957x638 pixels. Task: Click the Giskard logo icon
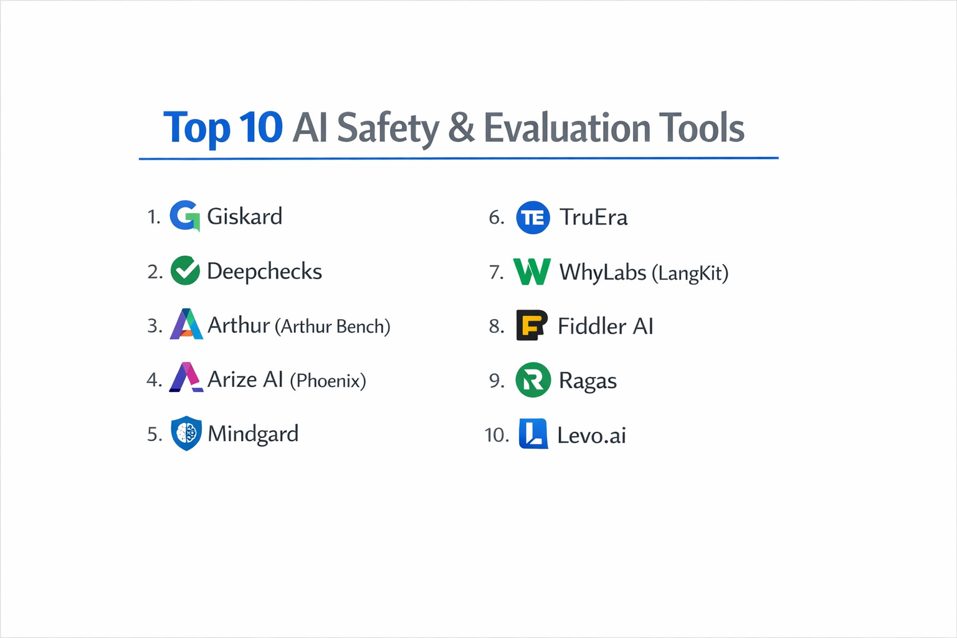[x=184, y=216]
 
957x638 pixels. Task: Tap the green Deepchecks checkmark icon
[x=185, y=270]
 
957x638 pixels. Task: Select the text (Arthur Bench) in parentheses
[x=332, y=326]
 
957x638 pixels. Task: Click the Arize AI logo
[x=186, y=378]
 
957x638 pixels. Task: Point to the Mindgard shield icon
[x=186, y=433]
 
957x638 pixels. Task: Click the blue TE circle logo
[x=533, y=217]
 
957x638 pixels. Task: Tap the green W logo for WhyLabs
[x=531, y=272]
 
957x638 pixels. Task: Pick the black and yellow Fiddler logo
[x=531, y=325]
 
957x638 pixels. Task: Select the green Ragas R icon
[x=533, y=380]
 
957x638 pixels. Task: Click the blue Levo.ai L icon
[x=533, y=434]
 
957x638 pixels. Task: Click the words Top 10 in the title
[x=222, y=128]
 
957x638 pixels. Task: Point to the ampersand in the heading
[x=461, y=128]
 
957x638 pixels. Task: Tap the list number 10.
[x=497, y=435]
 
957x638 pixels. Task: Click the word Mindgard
[x=253, y=434]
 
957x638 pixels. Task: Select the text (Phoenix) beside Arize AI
[x=328, y=381]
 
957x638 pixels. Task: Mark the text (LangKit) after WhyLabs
[x=690, y=273]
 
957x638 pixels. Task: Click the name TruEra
[x=593, y=217]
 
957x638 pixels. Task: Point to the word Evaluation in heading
[x=567, y=128]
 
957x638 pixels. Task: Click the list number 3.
[x=155, y=326]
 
